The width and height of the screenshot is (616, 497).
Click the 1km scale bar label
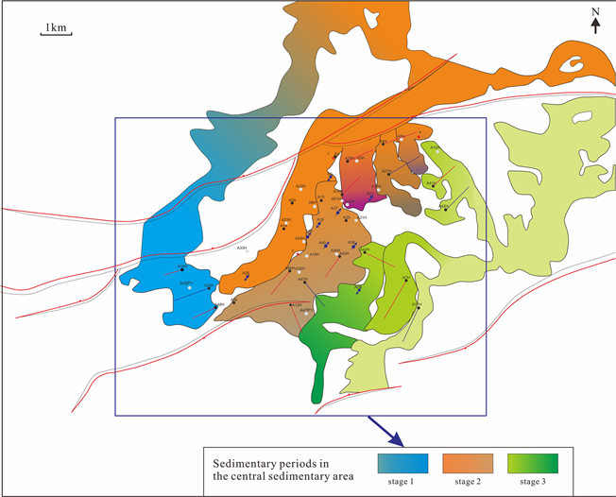pyautogui.click(x=56, y=28)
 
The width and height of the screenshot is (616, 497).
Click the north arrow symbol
pyautogui.click(x=595, y=26)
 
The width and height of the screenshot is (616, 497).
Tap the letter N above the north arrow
pyautogui.click(x=595, y=12)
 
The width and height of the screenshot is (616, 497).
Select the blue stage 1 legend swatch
pyautogui.click(x=403, y=463)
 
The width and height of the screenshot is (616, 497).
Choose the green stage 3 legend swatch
pyautogui.click(x=533, y=463)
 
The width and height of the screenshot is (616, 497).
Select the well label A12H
pyautogui.click(x=435, y=147)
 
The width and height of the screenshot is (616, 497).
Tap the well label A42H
pyautogui.click(x=445, y=205)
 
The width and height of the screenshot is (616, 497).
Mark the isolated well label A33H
pyautogui.click(x=242, y=248)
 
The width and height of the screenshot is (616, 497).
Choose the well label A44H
pyautogui.click(x=365, y=249)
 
